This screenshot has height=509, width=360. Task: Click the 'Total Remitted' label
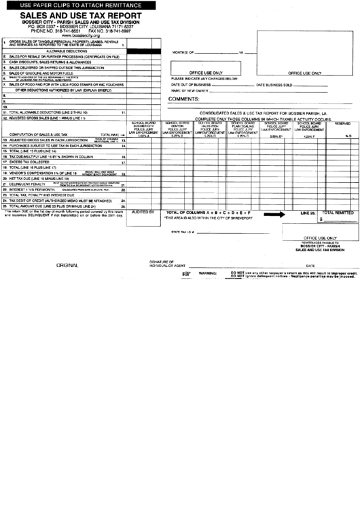337,213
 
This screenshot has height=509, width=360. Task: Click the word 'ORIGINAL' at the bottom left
67,265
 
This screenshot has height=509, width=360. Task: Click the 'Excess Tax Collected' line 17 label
33,162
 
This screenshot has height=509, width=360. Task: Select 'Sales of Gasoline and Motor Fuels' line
41,73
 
